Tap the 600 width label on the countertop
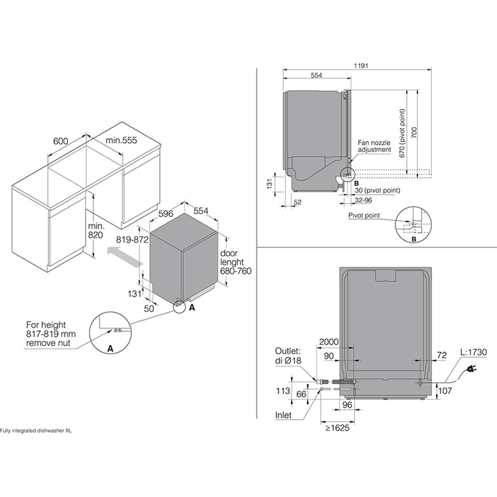pos(61,141)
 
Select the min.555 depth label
pos(120,141)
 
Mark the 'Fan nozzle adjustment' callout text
pos(374,146)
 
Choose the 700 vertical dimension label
pos(414,132)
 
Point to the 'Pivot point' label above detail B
pos(365,216)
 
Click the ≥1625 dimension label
pos(336,427)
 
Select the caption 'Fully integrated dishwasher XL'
pos(36,431)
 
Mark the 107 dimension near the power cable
pos(445,391)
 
